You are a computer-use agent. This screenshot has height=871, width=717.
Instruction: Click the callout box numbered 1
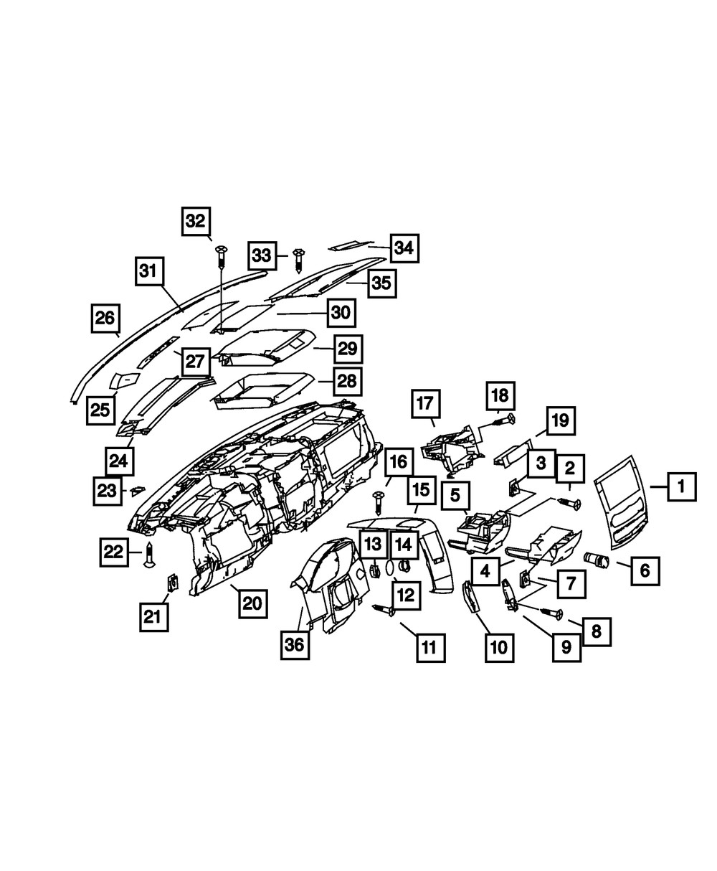tap(682, 486)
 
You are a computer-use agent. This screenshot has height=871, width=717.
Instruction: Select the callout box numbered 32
tap(196, 221)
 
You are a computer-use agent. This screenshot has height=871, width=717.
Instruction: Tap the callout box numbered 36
tap(295, 645)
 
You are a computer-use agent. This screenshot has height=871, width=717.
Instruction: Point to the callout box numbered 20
tap(253, 603)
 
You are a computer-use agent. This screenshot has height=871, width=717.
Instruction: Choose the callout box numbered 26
tap(105, 319)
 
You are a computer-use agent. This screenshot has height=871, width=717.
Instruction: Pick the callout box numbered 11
tap(431, 648)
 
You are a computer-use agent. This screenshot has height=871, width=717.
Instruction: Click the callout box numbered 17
tap(426, 404)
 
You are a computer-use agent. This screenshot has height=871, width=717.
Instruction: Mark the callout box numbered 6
tap(645, 570)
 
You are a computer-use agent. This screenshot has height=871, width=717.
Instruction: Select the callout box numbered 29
tap(348, 349)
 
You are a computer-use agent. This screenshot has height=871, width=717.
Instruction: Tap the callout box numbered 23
tap(108, 491)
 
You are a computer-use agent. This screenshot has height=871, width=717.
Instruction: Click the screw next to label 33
tap(298, 260)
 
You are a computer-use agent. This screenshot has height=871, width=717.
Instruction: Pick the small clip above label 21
tap(173, 581)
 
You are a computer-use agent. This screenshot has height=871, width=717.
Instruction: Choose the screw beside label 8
tap(551, 613)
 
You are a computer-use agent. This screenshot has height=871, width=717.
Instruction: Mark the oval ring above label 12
tap(390, 568)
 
